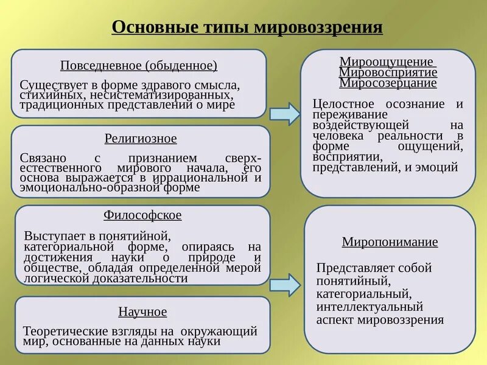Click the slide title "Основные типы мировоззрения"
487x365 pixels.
[x=248, y=27]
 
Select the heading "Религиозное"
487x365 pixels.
[x=141, y=139]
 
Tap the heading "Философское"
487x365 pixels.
[x=142, y=215]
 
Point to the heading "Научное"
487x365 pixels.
[x=142, y=312]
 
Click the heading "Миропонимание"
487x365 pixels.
[x=390, y=242]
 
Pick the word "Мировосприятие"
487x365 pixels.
[x=388, y=72]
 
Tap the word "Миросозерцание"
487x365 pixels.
[x=388, y=83]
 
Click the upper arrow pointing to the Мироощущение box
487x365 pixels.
[x=285, y=113]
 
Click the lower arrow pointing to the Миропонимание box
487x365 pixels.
[x=285, y=283]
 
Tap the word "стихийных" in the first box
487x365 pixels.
[x=43, y=94]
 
